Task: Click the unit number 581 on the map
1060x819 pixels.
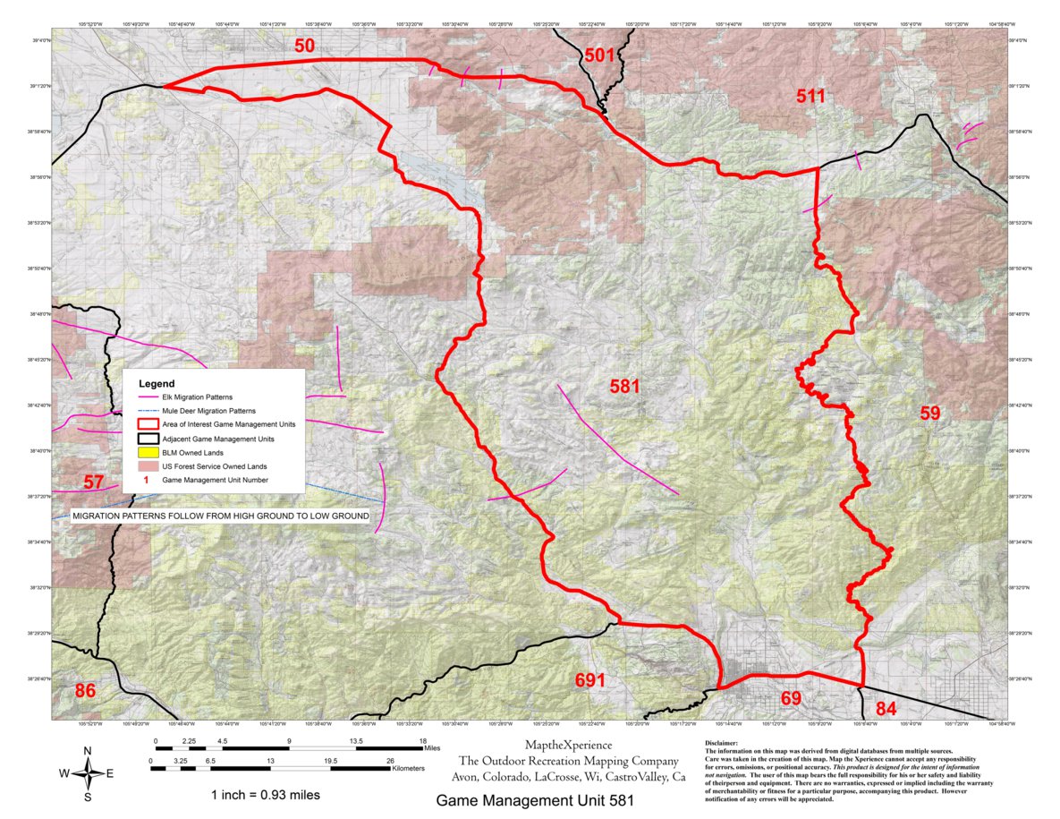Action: [624, 387]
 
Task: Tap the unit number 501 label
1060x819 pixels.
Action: [600, 55]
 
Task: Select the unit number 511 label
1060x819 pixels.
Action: [810, 96]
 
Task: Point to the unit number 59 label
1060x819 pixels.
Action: [930, 413]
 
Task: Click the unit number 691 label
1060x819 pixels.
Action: [589, 680]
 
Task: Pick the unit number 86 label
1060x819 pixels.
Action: [85, 690]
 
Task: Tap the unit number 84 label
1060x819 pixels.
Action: [886, 709]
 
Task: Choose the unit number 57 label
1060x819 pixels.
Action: [94, 482]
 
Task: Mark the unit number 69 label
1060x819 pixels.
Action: [791, 697]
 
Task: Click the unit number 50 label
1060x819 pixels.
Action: [304, 46]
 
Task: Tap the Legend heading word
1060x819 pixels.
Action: [157, 383]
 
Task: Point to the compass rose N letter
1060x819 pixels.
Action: [87, 750]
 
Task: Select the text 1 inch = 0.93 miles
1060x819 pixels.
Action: [265, 795]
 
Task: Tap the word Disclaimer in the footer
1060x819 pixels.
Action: [722, 742]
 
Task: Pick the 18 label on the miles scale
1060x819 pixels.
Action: [422, 741]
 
